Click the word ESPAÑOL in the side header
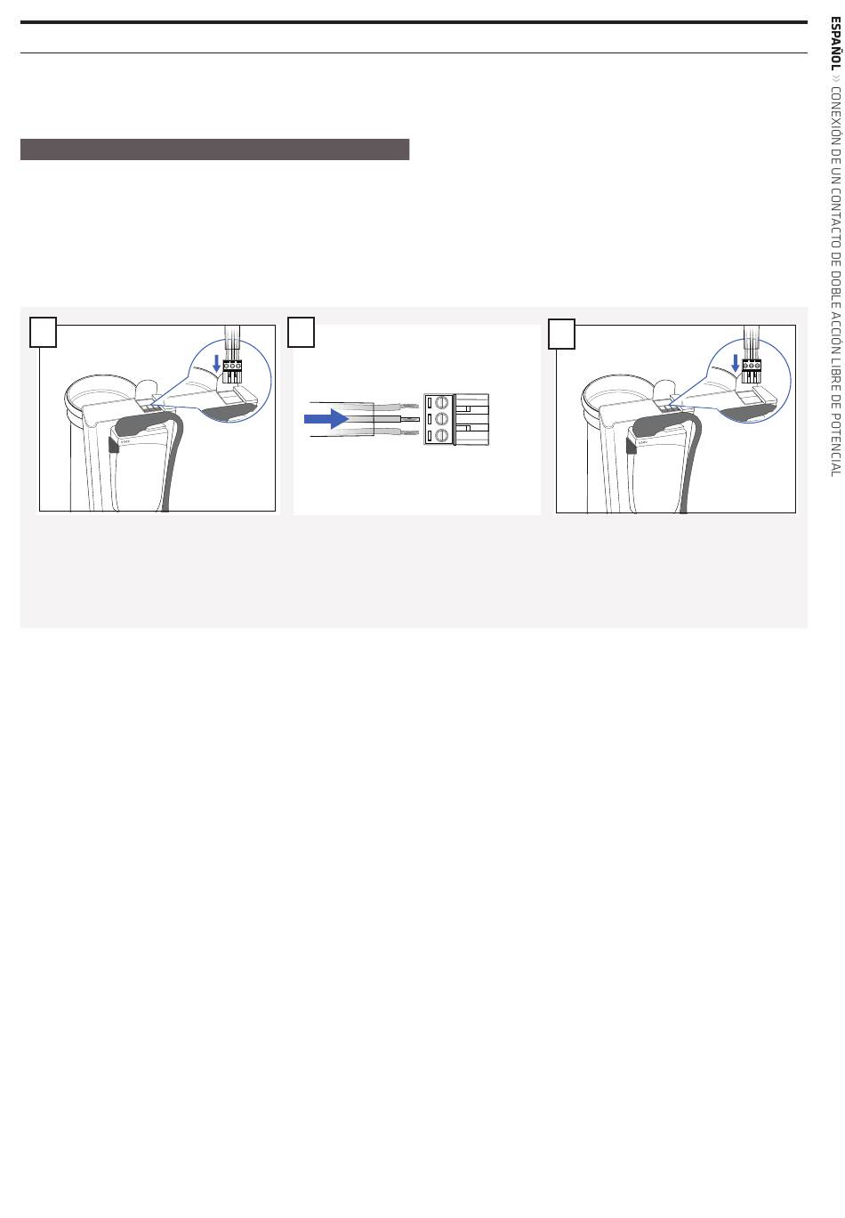coord(835,44)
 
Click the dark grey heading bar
coord(214,149)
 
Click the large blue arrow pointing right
coord(326,419)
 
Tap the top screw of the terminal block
coord(441,403)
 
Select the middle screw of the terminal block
coord(441,419)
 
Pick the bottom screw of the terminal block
coord(441,436)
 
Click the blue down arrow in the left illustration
coord(217,363)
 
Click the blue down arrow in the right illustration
coord(736,363)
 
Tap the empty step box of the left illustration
coord(43,332)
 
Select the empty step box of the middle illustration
coord(301,332)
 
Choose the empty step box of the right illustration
coord(561,334)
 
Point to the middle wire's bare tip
coord(409,419)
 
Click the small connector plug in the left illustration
coord(232,371)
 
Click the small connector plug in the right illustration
coord(752,371)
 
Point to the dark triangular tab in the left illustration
coord(113,445)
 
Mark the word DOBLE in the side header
coord(835,287)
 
